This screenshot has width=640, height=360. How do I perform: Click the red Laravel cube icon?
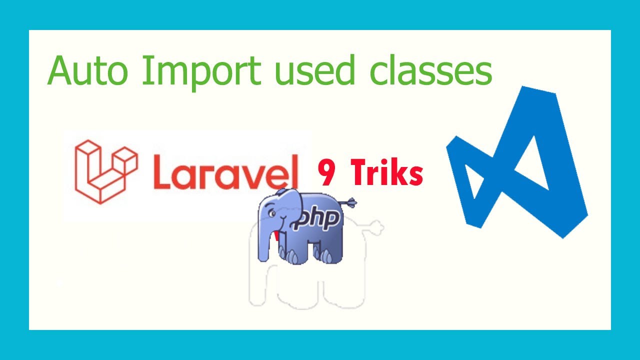click(x=105, y=171)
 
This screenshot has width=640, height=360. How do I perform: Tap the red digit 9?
click(x=327, y=173)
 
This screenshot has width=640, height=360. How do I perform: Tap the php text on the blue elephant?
click(x=318, y=220)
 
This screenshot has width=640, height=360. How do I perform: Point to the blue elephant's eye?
click(x=272, y=212)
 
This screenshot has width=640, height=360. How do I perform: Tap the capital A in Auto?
click(x=61, y=71)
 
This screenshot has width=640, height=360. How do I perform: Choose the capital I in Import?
click(x=145, y=71)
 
